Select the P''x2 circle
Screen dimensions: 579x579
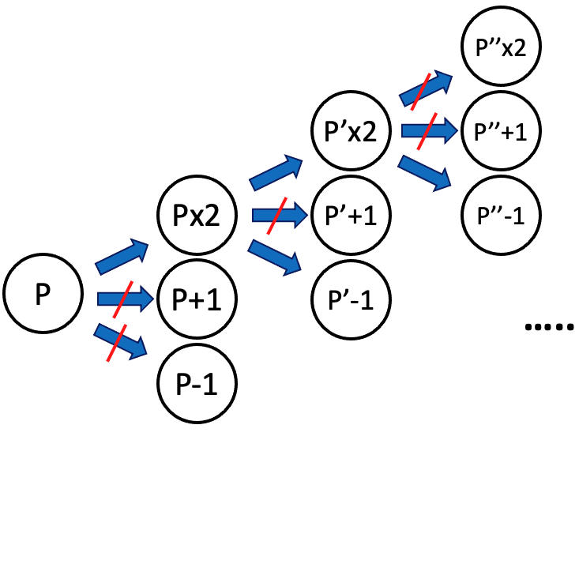(500, 47)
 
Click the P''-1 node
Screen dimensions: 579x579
(500, 214)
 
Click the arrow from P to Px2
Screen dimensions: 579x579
(122, 256)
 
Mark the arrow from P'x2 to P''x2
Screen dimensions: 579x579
(427, 88)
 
